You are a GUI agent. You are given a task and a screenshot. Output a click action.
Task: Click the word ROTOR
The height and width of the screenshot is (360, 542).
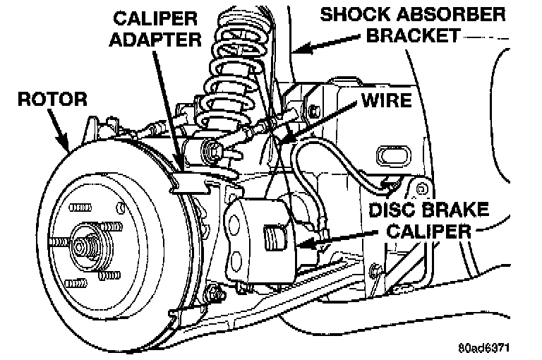(43, 98)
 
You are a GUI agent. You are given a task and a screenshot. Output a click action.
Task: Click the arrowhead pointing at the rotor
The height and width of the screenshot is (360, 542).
(66, 148)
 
